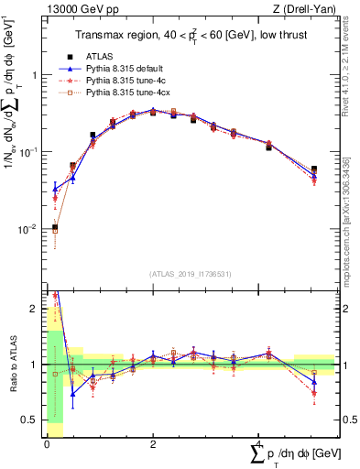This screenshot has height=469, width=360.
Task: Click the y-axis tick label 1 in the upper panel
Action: pos(35,76)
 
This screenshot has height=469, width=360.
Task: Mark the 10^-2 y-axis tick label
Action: pos(29,229)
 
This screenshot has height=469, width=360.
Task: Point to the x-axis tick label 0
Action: pos(47,444)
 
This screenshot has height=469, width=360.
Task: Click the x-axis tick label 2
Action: pos(153,444)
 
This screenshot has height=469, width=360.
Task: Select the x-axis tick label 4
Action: pos(260,444)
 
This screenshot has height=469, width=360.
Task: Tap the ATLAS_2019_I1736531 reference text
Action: pos(191,274)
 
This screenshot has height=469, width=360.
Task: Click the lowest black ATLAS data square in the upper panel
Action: pos(55,227)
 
